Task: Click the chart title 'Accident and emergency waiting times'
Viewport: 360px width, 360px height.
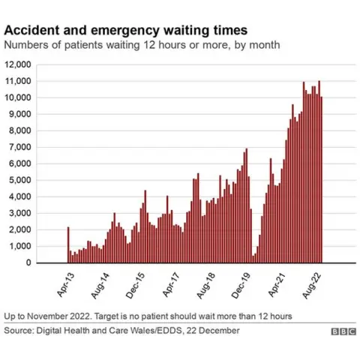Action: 125,30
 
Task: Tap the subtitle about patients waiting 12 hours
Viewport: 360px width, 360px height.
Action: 142,45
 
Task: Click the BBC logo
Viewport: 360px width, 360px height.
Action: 342,331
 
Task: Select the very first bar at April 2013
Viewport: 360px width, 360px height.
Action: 67,244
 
